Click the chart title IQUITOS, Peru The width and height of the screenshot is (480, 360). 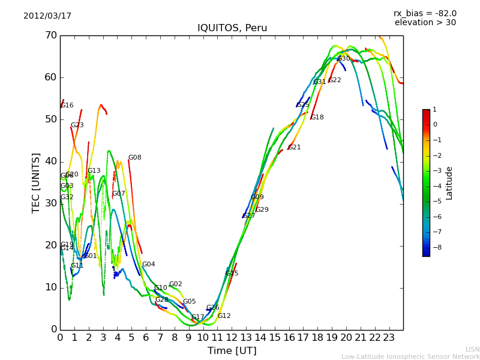tap(232, 28)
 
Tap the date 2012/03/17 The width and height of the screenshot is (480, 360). tap(47, 16)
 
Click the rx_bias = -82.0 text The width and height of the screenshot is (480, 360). tap(425, 13)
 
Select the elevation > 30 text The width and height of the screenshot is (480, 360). tap(425, 23)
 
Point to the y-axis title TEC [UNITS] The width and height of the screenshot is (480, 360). tap(36, 182)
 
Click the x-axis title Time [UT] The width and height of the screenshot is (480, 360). tap(232, 350)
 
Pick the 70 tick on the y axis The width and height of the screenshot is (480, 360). tap(50, 35)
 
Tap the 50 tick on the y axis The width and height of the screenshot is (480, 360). tap(50, 119)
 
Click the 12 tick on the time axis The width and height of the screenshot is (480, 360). tap(232, 338)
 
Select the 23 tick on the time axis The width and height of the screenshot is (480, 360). tap(389, 338)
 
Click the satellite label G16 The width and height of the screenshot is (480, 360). tap(67, 106)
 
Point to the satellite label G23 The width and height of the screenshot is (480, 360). tap(77, 125)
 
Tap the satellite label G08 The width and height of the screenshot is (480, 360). tap(135, 158)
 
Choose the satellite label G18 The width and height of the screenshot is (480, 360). tap(317, 118)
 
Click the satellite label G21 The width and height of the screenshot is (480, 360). tap(295, 148)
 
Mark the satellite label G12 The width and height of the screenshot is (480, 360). tap(224, 316)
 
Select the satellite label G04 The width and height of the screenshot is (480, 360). tap(148, 265)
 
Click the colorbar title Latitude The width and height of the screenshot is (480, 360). tap(449, 182)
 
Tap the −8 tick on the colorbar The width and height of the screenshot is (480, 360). tap(435, 247)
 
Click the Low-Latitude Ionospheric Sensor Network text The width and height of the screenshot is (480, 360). tap(410, 356)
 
